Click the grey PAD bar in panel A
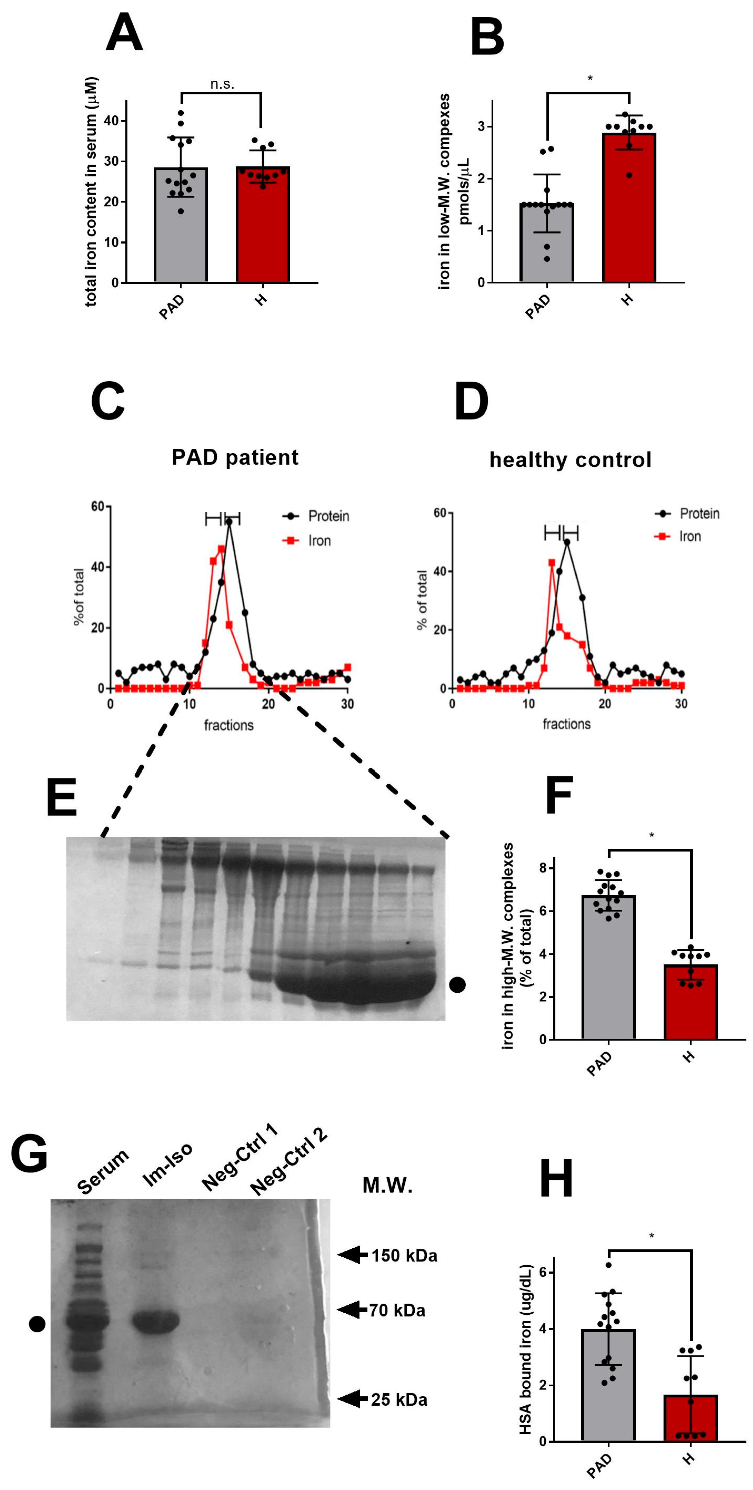coord(180,231)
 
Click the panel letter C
coord(108,401)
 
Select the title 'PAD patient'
coord(235,457)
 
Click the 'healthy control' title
coord(570,460)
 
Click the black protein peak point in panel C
coord(229,522)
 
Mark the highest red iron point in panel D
coord(551,562)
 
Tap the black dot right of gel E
coord(457,984)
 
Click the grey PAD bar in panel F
coord(608,972)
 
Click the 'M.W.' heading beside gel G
coord(387,1186)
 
